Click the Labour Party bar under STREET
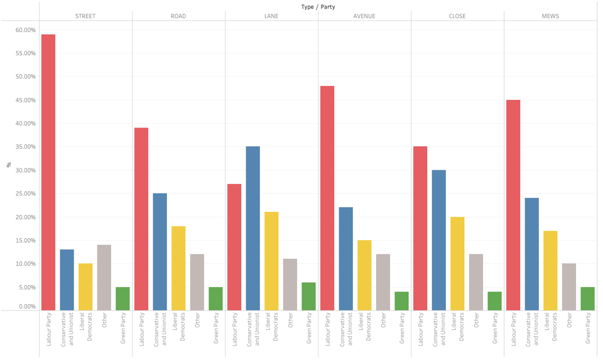[48, 172]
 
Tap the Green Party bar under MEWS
[587, 298]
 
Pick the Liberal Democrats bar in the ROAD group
[178, 268]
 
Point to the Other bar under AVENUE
[383, 282]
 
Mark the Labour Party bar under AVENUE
[327, 198]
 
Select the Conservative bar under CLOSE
[439, 240]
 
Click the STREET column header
[85, 16]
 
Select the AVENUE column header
[364, 16]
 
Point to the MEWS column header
[550, 16]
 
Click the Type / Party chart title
[318, 6]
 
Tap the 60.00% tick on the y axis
[26, 30]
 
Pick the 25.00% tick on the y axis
[26, 194]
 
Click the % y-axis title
[9, 165]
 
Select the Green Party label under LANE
[309, 330]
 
